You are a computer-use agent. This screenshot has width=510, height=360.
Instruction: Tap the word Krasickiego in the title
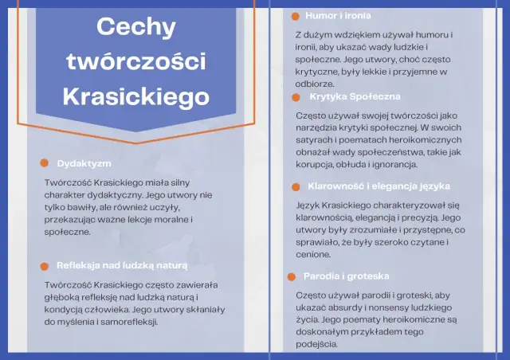tap(135, 96)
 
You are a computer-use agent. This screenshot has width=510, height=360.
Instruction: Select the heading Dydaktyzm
tap(84, 163)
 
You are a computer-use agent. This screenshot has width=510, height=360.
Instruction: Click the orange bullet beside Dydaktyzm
tap(45, 163)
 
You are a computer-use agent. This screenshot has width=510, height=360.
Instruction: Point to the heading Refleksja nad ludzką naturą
tap(122, 264)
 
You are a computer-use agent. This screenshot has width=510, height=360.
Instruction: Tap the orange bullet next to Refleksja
tap(45, 264)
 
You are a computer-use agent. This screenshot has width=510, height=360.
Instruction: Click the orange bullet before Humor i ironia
tap(296, 16)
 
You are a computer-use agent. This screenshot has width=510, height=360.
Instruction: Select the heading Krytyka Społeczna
tap(355, 96)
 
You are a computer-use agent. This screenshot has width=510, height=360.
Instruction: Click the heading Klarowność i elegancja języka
tap(379, 186)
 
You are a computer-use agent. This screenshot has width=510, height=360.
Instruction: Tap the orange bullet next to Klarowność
tap(296, 186)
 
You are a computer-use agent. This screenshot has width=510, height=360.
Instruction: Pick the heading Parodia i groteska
tap(346, 276)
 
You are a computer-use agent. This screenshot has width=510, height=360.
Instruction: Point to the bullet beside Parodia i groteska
tap(292, 276)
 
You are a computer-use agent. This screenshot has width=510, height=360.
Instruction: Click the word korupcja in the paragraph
tap(319, 164)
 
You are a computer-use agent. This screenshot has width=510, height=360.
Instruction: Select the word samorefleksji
tap(128, 323)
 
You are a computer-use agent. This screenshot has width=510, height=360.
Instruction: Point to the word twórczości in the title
tap(135, 61)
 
